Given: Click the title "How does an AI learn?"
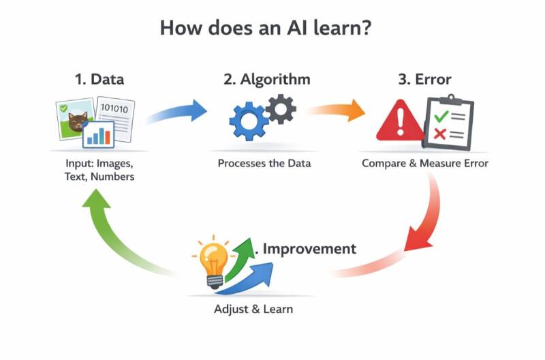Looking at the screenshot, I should [x=272, y=29].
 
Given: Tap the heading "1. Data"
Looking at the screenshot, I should [x=99, y=79].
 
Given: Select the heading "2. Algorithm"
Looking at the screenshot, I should [x=266, y=79].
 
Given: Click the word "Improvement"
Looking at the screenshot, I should [x=309, y=248].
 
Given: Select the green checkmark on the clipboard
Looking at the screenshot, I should [x=441, y=117].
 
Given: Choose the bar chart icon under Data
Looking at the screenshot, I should [x=98, y=134].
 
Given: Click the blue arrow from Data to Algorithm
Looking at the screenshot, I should [x=178, y=112].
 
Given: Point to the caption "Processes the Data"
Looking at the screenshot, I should [x=264, y=164].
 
